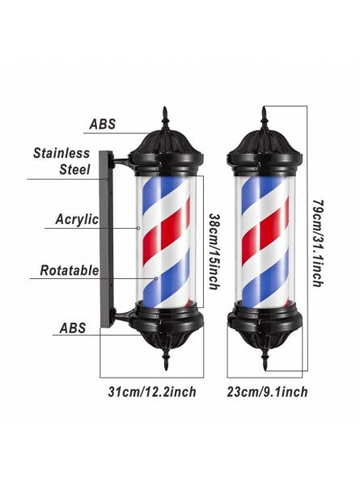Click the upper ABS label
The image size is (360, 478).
pos(103,124)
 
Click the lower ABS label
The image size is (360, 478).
pos(73,328)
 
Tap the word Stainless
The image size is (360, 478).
pos(61,153)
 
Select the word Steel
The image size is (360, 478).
pos(74,170)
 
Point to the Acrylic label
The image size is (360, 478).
pos(77,219)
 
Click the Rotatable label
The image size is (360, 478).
pos(70,270)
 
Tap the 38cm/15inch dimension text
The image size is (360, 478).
pos(214,251)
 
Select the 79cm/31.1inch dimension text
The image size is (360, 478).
pos(318,243)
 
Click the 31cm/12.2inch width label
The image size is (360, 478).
pos(152,391)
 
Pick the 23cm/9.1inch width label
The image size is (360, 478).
pos(267,391)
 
